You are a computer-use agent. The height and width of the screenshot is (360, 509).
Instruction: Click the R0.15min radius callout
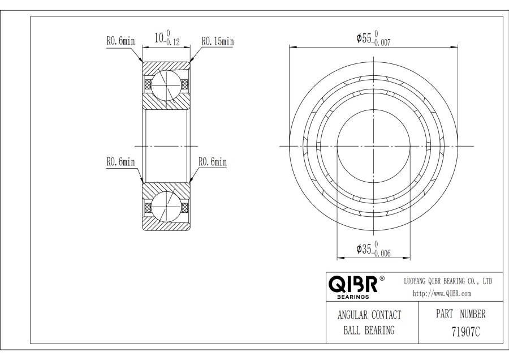pyautogui.click(x=218, y=41)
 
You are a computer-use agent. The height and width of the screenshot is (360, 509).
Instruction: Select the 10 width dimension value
pyautogui.click(x=159, y=38)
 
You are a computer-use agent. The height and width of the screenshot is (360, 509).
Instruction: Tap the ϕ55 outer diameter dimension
pyautogui.click(x=364, y=38)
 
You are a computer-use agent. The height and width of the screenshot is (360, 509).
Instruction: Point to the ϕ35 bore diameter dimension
pyautogui.click(x=364, y=249)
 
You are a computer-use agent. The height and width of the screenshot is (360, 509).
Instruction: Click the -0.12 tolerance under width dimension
pyautogui.click(x=172, y=42)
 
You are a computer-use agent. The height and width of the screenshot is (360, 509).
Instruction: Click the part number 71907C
pyautogui.click(x=465, y=332)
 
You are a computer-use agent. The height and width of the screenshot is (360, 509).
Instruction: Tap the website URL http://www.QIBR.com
pyautogui.click(x=442, y=293)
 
